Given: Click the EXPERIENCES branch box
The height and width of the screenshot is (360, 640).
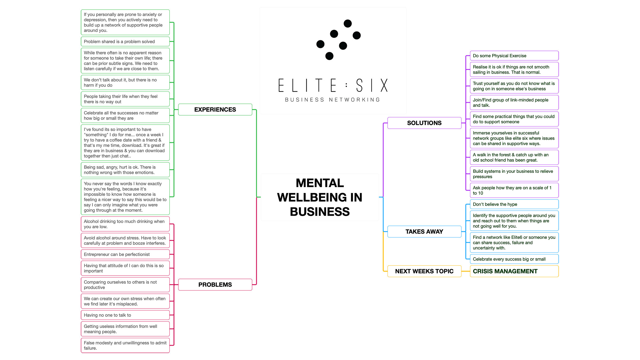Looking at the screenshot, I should point(215,110).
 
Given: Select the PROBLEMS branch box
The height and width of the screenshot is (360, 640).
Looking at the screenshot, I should point(215,285).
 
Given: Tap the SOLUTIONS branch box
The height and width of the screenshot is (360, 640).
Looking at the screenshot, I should point(424,123).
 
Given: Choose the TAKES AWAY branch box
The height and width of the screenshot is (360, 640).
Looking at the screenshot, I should point(424,231).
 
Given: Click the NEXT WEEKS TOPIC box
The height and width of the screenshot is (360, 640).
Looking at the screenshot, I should point(424,271).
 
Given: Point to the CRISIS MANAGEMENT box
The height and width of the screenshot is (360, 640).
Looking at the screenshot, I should point(514,271).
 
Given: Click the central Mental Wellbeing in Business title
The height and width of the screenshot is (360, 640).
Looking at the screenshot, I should point(319,197).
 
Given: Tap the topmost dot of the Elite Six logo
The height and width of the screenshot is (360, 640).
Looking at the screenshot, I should point(347,23).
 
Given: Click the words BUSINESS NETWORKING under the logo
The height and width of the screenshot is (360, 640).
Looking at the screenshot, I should point(333,100).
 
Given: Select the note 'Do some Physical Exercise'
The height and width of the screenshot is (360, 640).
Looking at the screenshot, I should point(514,56).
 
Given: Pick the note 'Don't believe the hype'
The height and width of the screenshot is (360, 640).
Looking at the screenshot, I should point(514,204).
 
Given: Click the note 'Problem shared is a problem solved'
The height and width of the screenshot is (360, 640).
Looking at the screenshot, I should point(125,42).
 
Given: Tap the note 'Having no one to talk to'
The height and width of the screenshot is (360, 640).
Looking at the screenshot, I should point(125,315).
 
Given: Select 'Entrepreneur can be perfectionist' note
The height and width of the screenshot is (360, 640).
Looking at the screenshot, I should point(125,254).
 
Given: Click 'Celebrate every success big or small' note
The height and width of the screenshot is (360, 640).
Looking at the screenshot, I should point(514,259).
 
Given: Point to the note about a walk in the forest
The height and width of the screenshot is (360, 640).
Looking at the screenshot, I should point(514,157).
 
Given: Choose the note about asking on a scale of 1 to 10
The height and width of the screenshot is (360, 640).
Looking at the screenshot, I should point(514,190).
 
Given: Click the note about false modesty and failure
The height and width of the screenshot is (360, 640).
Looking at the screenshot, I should point(125,345).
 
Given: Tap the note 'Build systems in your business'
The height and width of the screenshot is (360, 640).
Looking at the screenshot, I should point(514,174).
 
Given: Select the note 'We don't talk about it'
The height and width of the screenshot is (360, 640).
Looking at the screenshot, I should point(125,82).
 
